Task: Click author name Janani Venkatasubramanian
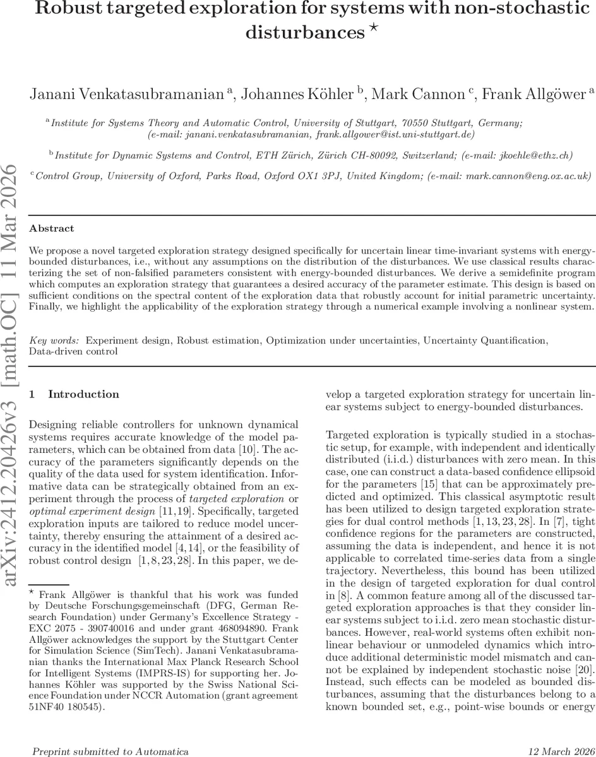(126, 95)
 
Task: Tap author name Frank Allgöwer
(533, 95)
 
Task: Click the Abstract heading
(52, 228)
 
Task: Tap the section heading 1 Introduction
(74, 394)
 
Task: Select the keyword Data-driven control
(73, 351)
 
